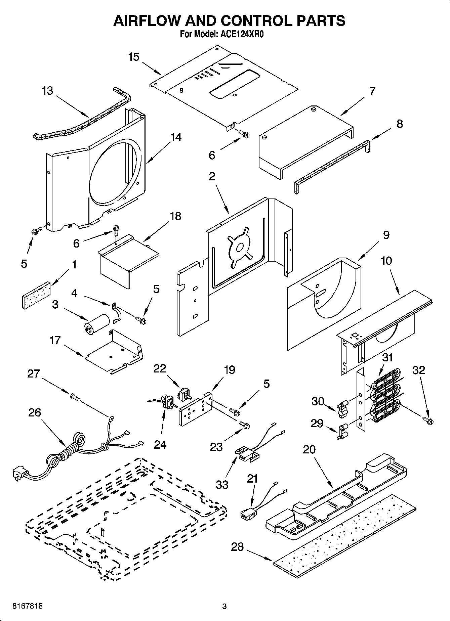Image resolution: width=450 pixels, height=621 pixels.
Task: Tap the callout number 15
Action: (x=134, y=57)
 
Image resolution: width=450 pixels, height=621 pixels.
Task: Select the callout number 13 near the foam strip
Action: (x=48, y=91)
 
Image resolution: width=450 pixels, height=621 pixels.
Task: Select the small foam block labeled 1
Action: (x=36, y=295)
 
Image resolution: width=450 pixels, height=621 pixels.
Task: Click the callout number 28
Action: (x=237, y=547)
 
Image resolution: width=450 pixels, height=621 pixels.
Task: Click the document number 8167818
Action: (x=27, y=607)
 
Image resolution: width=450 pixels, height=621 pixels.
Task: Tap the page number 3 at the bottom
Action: (x=224, y=607)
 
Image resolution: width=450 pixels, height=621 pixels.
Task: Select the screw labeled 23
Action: (x=245, y=425)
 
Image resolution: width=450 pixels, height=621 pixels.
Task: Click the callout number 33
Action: (x=222, y=484)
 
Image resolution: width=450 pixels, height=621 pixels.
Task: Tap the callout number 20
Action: (x=309, y=449)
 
